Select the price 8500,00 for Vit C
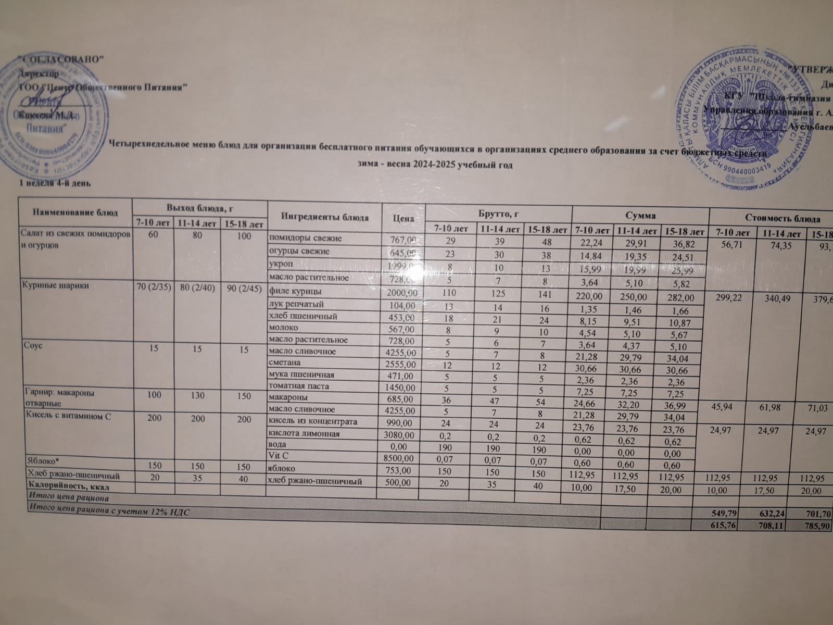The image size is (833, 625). click(400, 458)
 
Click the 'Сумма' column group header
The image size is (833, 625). click(640, 215)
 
